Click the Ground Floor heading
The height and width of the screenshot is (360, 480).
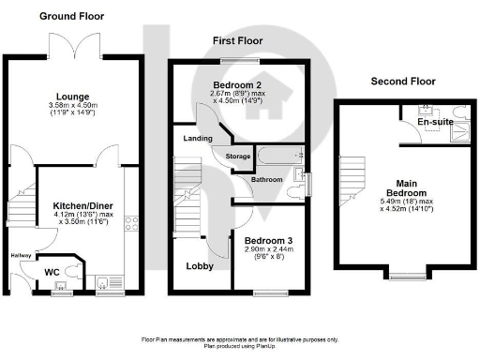coord(72,16)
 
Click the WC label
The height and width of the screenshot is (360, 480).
coord(53,274)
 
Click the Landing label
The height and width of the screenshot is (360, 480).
coord(196,140)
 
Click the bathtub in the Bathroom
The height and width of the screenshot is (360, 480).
coord(275,155)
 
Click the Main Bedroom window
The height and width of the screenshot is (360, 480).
coord(404,277)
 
